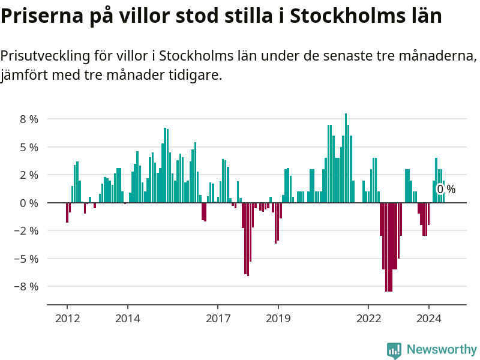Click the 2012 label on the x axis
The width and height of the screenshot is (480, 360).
point(67,318)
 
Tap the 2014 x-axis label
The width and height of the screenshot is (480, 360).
point(127,318)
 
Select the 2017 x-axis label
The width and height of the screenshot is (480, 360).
point(218,318)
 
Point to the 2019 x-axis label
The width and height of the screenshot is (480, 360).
point(278,318)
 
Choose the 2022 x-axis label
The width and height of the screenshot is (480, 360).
point(368,318)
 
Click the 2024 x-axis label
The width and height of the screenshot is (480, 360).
point(429,318)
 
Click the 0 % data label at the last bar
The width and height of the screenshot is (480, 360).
point(446,190)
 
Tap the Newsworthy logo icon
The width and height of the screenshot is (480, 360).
point(394,350)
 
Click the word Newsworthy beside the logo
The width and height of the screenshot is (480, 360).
point(442,349)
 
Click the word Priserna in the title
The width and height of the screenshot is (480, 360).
point(41,17)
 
